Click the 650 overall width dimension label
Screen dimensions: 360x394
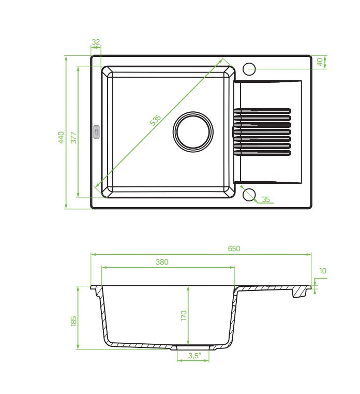234,249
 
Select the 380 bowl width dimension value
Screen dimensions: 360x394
162,262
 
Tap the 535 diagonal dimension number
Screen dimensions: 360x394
155,120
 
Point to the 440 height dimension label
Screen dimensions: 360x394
61,137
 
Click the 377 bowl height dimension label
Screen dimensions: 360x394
73,137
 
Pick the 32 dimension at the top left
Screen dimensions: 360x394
96,42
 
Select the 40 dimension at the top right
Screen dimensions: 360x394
320,62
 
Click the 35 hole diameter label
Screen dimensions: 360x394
266,199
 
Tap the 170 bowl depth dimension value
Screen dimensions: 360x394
184,316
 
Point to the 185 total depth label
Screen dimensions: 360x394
73,321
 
